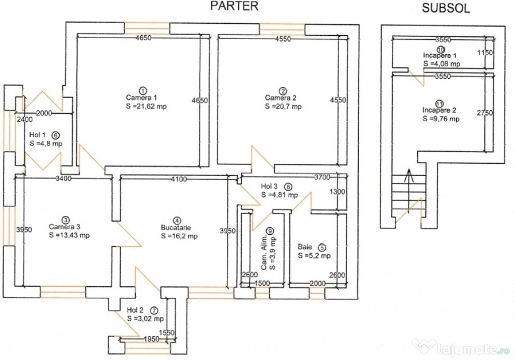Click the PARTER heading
pyautogui.click(x=234, y=6)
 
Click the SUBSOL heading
pyautogui.click(x=446, y=8)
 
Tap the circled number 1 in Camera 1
pyautogui.click(x=143, y=91)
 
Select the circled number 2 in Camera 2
pyautogui.click(x=283, y=91)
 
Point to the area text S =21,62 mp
pyautogui.click(x=146, y=107)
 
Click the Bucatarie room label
pyautogui.click(x=176, y=227)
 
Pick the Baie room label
pyautogui.click(x=305, y=247)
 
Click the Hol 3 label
pyautogui.click(x=270, y=186)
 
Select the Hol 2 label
pyautogui.click(x=135, y=310)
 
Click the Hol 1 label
pyautogui.click(x=37, y=135)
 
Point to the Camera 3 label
pyautogui.click(x=64, y=227)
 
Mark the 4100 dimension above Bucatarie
pyautogui.click(x=179, y=179)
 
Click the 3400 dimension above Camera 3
pyautogui.click(x=63, y=178)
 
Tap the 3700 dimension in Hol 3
pyautogui.click(x=322, y=177)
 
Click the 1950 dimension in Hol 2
pyautogui.click(x=151, y=339)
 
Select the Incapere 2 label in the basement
pyautogui.click(x=439, y=110)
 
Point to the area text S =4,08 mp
pyautogui.click(x=442, y=64)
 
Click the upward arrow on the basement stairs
pyautogui.click(x=409, y=191)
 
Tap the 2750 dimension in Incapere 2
pyautogui.click(x=485, y=113)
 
